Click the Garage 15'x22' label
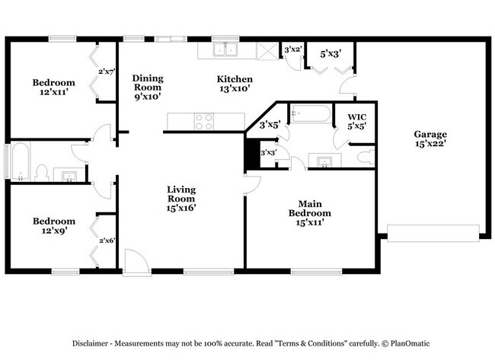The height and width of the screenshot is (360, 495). tap(430, 139)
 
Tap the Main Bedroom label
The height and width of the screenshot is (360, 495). tap(308, 209)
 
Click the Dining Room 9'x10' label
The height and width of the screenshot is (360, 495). tap(148, 87)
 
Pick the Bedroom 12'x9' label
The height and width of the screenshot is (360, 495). tap(53, 226)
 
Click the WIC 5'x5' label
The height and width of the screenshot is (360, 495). tap(357, 122)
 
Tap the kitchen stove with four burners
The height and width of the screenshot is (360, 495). tap(203, 121)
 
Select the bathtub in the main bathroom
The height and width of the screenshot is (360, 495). tap(311, 115)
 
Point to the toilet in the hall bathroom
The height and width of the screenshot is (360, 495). tap(43, 172)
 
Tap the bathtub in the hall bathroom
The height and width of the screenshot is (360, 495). tap(19, 161)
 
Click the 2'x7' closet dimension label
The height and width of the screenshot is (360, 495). tap(106, 72)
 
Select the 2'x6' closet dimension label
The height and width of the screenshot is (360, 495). tap(106, 241)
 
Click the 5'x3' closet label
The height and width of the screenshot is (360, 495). tap(330, 53)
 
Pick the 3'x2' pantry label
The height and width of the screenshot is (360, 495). tap(292, 50)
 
